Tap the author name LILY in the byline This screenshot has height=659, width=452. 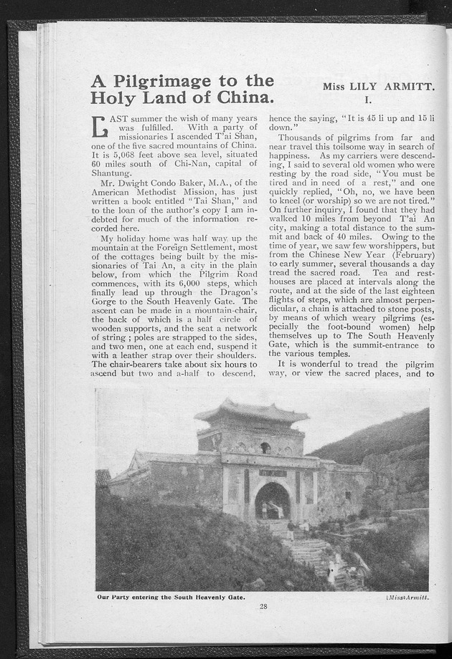370,87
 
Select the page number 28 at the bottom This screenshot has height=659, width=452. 263,607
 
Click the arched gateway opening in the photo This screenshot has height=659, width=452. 272,501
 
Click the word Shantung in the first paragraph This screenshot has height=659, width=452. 110,173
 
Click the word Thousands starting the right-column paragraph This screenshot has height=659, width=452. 306,137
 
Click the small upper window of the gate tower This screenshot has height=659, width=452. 265,448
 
